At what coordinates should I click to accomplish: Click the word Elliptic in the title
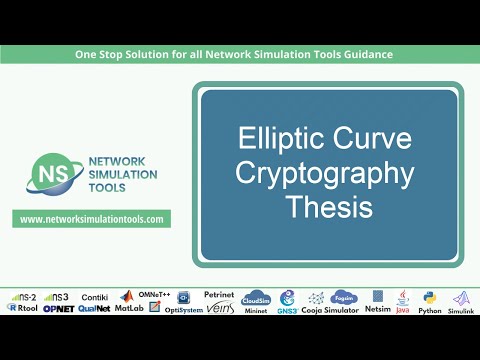(279, 139)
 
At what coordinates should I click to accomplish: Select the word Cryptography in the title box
(325, 174)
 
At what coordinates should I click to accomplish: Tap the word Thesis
(326, 208)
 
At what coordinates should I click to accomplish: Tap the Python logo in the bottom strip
(430, 301)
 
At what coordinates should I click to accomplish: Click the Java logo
(403, 301)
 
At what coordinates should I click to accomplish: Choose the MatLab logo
(128, 302)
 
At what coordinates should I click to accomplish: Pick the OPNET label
(57, 310)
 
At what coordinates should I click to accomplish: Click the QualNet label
(94, 310)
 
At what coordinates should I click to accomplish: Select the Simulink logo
(460, 302)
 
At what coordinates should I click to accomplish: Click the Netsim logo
(378, 301)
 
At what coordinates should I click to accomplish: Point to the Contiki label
(94, 297)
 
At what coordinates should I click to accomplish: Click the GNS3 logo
(287, 301)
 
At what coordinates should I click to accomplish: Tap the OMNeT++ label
(155, 294)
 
